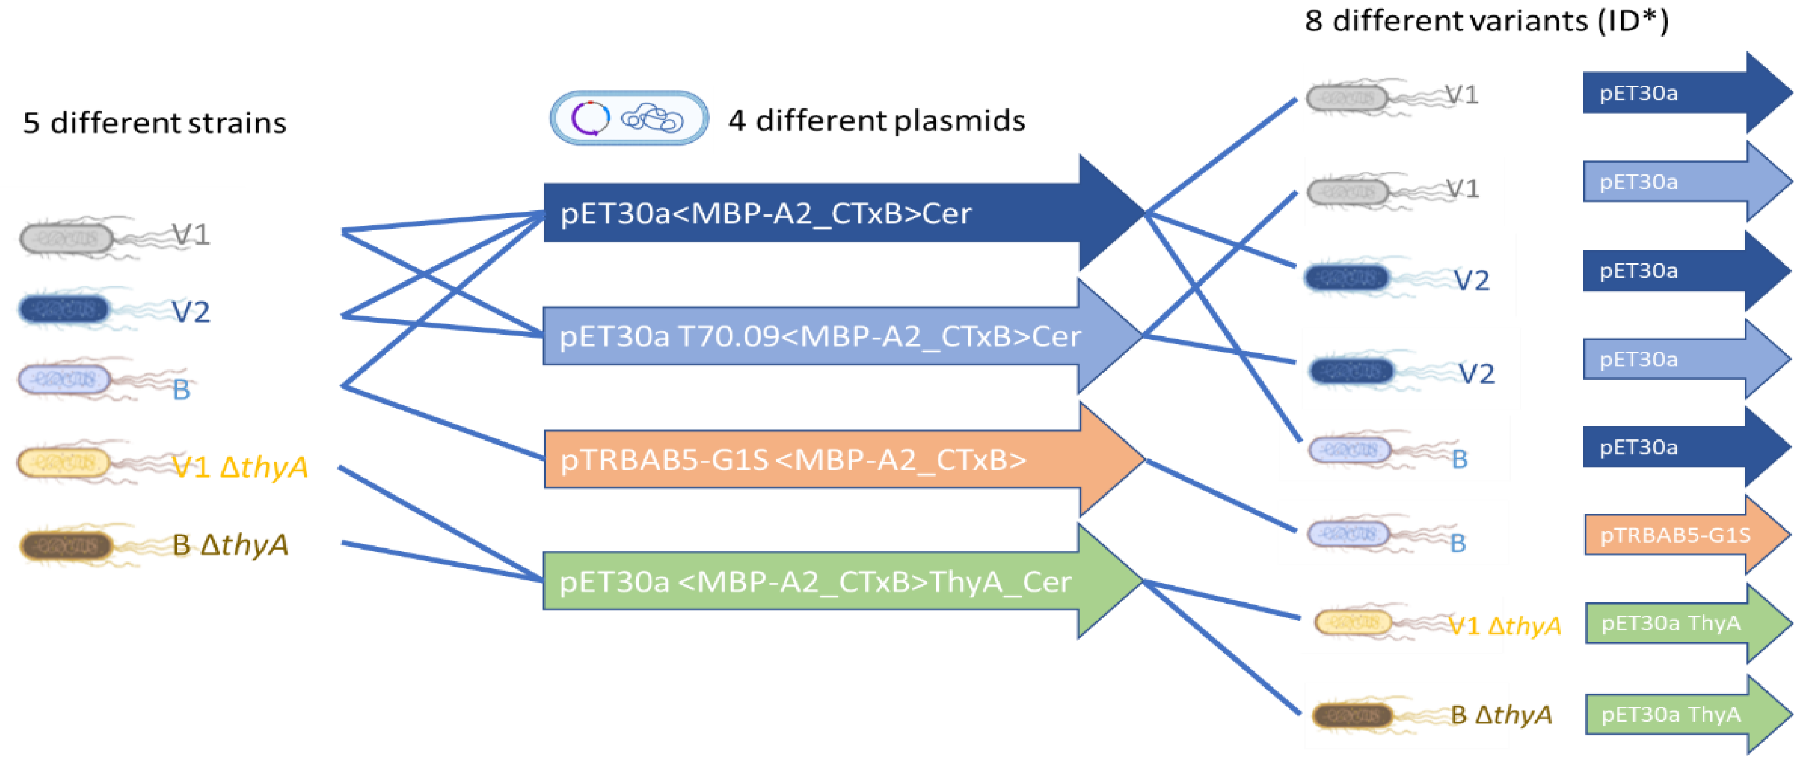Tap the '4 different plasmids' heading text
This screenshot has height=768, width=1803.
click(876, 120)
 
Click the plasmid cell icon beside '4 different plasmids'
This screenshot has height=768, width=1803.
click(628, 117)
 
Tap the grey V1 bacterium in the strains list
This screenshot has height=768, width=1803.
click(67, 238)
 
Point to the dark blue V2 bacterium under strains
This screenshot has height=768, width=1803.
click(64, 309)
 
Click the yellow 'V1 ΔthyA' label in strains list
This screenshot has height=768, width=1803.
click(240, 466)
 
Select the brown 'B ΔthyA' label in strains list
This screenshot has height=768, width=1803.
click(230, 544)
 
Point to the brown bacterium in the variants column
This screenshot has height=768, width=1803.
click(1352, 715)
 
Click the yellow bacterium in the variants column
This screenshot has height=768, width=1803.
click(1352, 622)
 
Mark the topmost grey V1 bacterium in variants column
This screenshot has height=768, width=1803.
click(1347, 97)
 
